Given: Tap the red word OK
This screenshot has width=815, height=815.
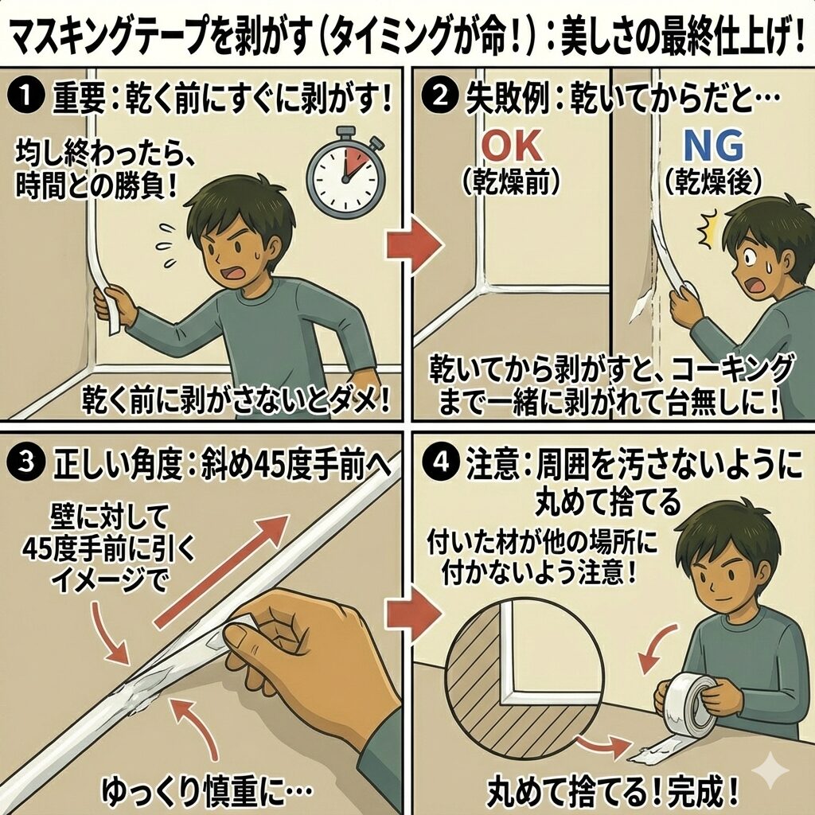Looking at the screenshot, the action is (512, 146).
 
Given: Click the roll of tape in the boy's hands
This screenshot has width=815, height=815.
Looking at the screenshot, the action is (686, 702).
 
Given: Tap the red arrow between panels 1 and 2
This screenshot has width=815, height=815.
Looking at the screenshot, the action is (413, 244).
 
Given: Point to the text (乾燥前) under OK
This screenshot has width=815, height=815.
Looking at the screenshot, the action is (511, 182).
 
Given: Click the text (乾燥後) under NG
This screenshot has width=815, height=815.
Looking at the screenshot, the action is (713, 182).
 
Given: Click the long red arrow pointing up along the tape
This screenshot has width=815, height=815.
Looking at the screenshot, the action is (222, 571).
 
